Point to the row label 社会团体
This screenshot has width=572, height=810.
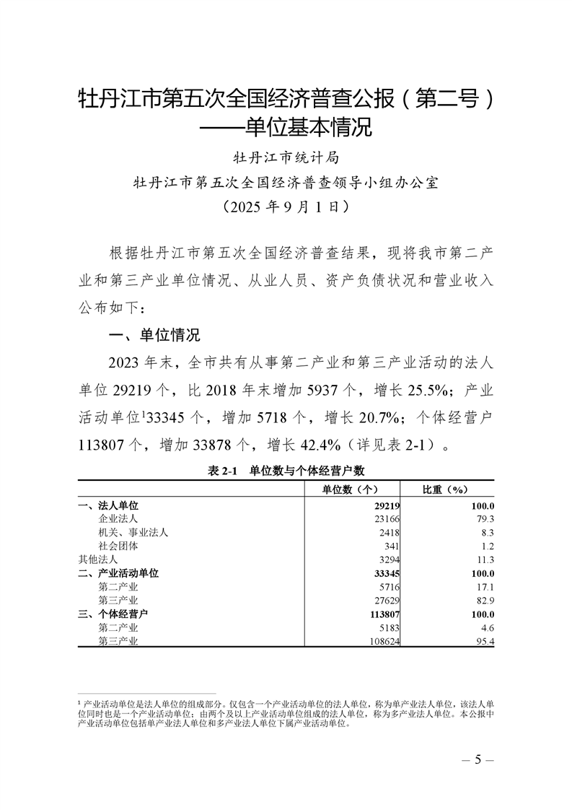pos(118,546)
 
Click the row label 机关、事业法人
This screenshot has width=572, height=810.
pos(133,532)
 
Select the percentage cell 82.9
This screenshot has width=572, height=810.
pos(484,600)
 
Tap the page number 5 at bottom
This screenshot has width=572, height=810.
pos(477,759)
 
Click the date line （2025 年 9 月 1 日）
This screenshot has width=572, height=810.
pos(286,207)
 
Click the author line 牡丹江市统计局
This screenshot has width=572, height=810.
pos(286,157)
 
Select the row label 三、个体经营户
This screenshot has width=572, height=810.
pos(113,614)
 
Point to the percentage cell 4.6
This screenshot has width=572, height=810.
pos(487,627)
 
